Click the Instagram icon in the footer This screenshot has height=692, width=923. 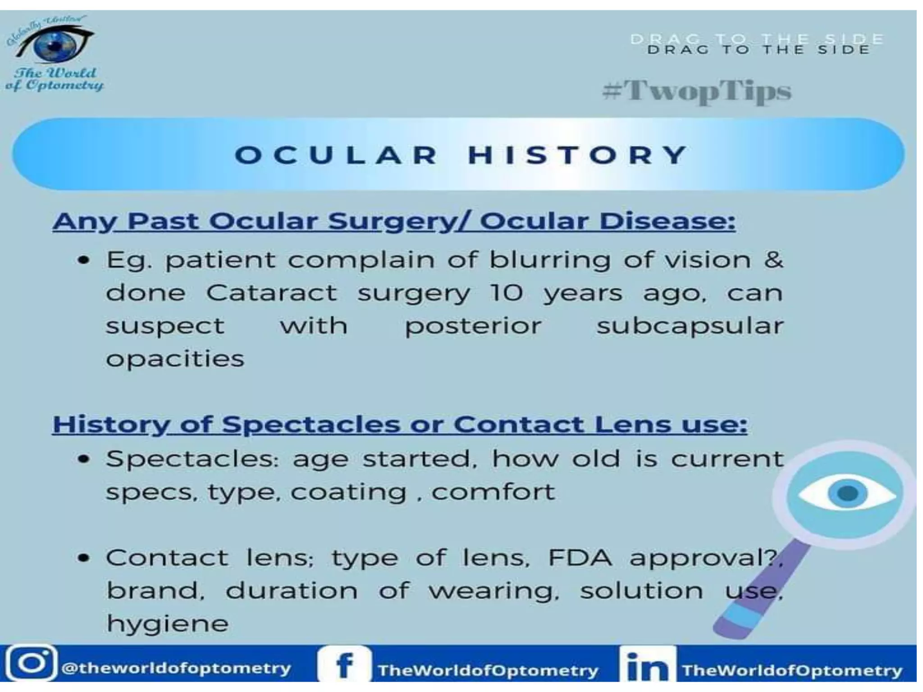pos(31,663)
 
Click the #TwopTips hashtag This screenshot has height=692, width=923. pos(697,91)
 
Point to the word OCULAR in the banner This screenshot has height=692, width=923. pos(336,155)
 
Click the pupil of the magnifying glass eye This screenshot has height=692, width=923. pos(848,493)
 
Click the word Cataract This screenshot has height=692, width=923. pos(271,293)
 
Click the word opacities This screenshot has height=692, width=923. pos(175,359)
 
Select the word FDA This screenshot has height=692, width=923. pos(580,558)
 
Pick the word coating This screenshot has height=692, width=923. pos(348,492)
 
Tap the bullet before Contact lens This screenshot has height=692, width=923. pos(83,558)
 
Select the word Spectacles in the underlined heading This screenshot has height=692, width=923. pos(311,424)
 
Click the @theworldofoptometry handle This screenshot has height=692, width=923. pos(176,668)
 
